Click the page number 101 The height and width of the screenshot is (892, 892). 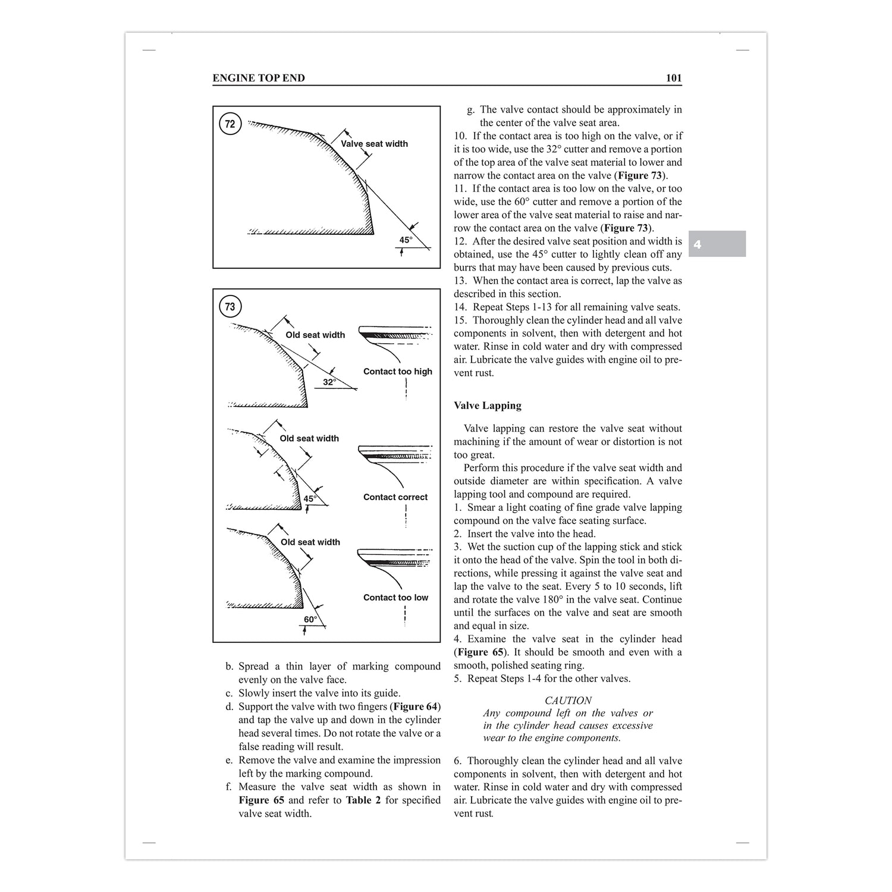(x=673, y=78)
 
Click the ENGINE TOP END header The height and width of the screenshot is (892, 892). (x=259, y=78)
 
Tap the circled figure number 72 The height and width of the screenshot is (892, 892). (x=230, y=124)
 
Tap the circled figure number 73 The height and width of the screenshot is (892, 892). (x=230, y=307)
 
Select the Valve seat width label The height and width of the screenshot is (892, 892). (x=374, y=143)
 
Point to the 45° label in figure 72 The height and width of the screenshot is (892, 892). (x=406, y=240)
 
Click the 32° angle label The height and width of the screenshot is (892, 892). (x=329, y=382)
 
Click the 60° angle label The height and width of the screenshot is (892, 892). (x=310, y=619)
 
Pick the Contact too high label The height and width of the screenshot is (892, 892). (x=397, y=371)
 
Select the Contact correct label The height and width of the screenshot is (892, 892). (x=395, y=497)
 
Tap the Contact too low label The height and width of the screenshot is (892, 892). (x=395, y=597)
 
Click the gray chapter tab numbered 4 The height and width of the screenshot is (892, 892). (x=717, y=244)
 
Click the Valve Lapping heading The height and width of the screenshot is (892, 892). (x=487, y=406)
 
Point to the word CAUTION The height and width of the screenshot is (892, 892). (x=568, y=701)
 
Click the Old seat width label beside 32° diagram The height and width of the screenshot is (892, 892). (x=315, y=335)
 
